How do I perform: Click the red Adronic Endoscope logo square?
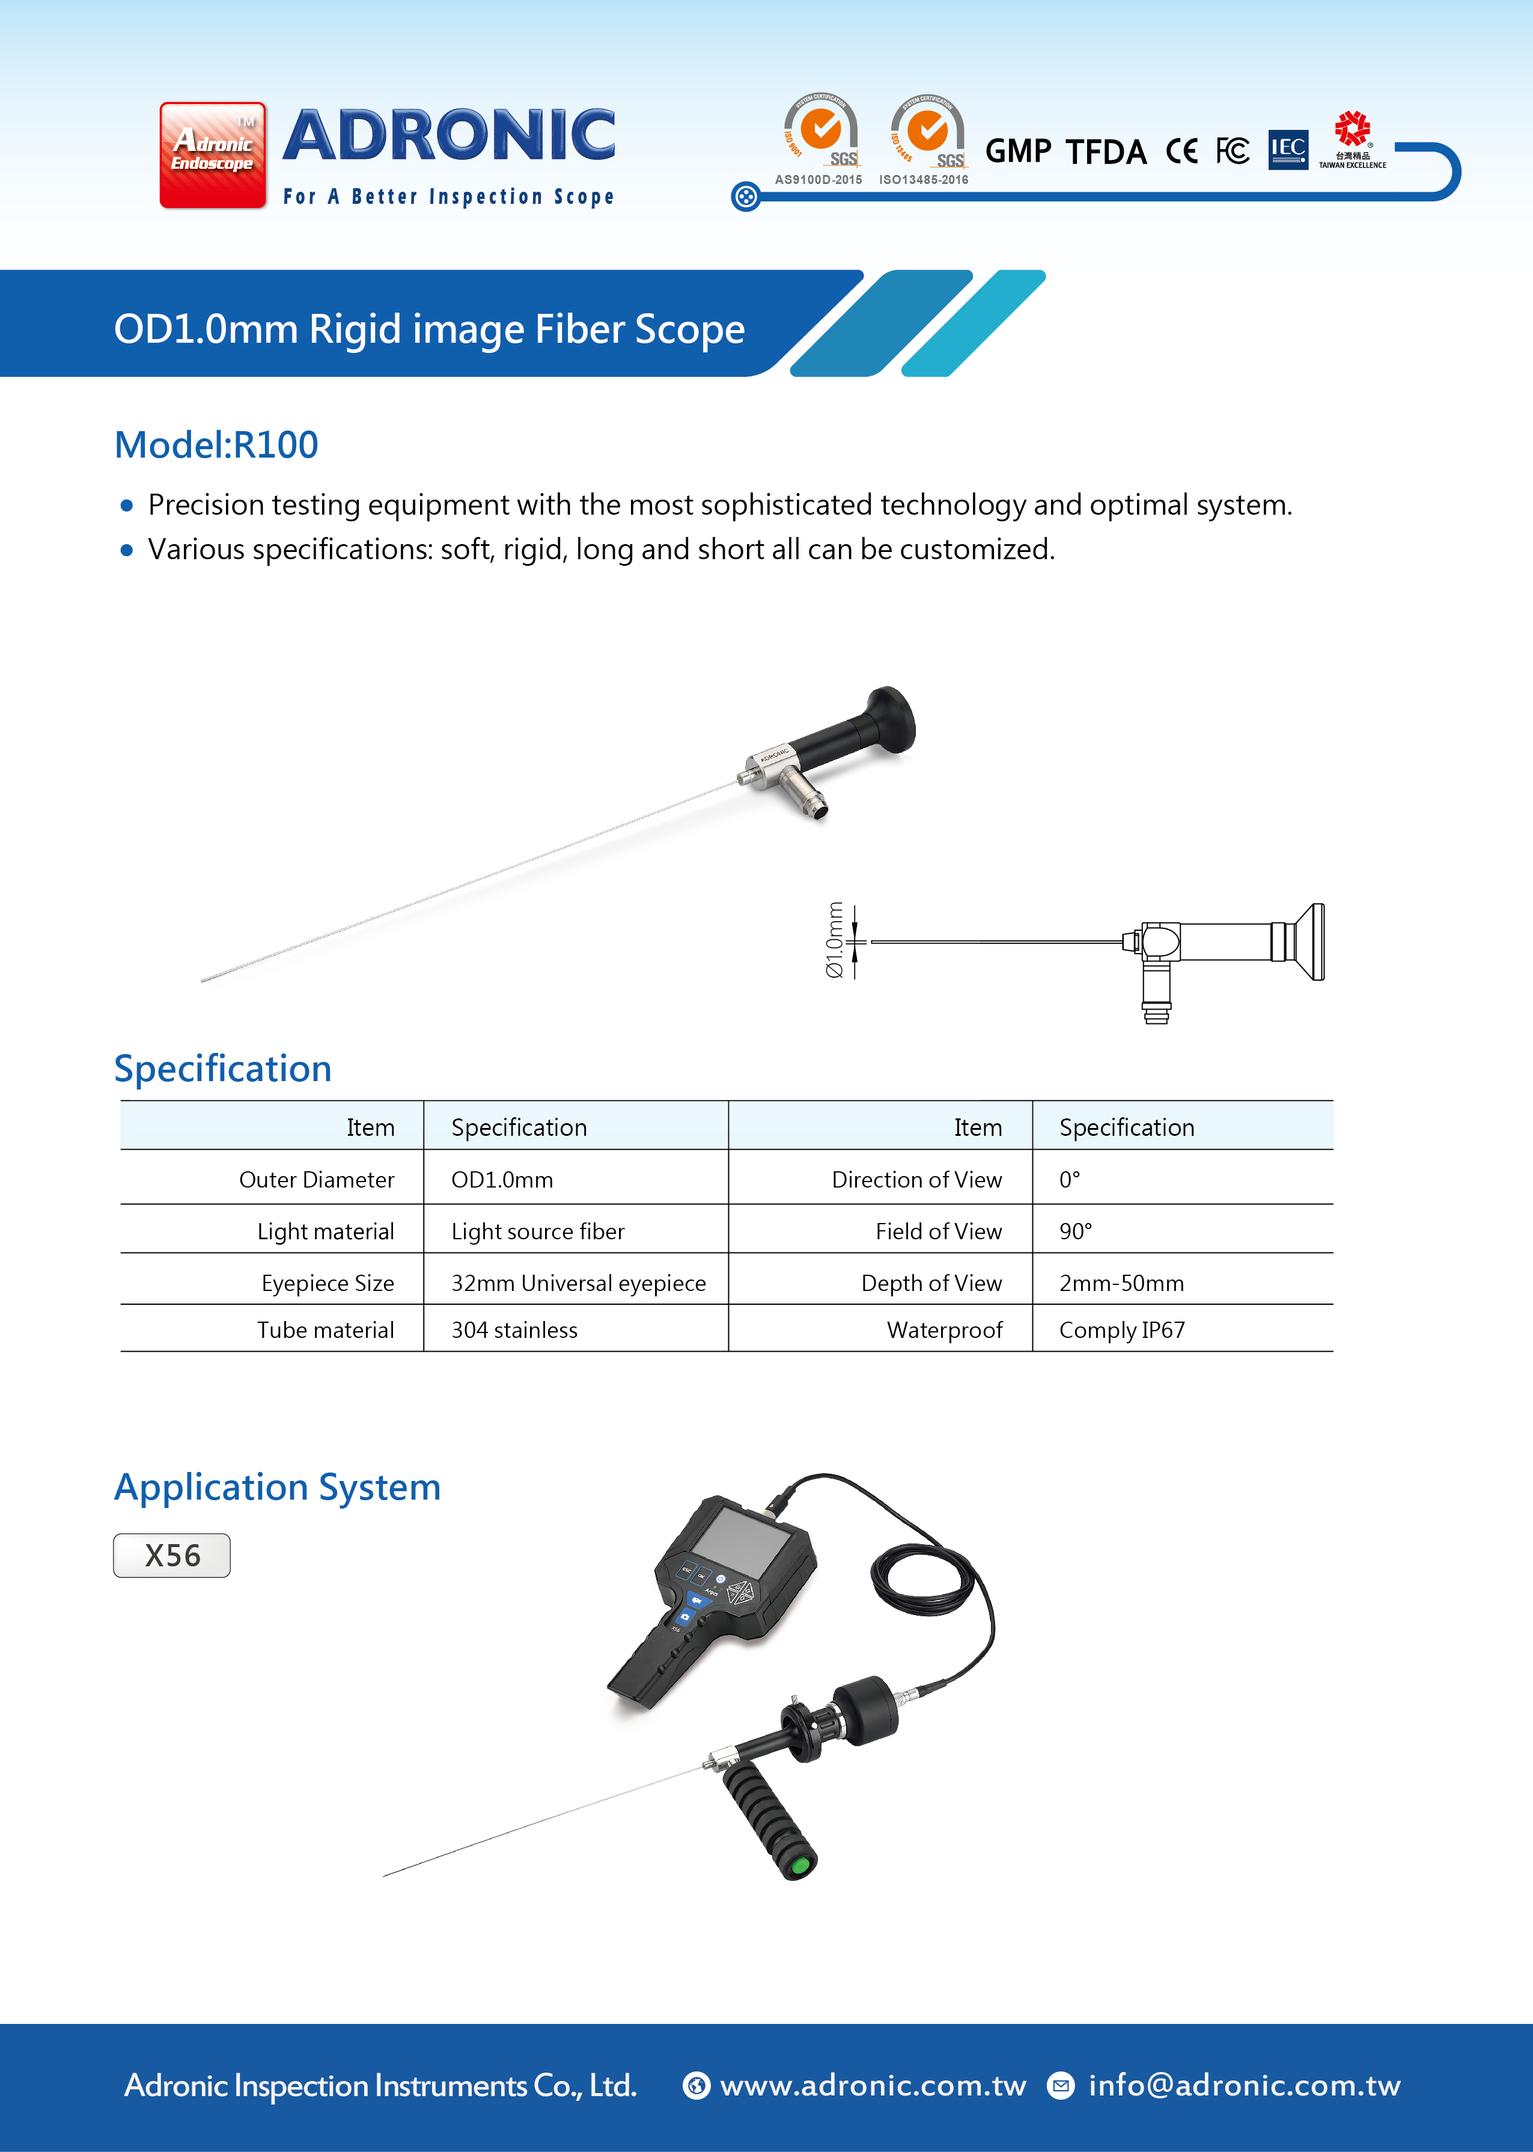212,155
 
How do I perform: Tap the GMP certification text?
1017,151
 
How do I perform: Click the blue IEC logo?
1288,149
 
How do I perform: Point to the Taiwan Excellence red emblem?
1352,129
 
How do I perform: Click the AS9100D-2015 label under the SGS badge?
818,179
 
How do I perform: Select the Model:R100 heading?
216,445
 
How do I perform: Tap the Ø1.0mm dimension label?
835,940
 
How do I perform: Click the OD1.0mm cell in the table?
502,1179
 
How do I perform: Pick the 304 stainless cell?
514,1329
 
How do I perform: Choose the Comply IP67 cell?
1121,1329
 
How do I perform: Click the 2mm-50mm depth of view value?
1121,1283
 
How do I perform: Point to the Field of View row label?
938,1231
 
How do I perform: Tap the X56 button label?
172,1555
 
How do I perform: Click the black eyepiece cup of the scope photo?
891,720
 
